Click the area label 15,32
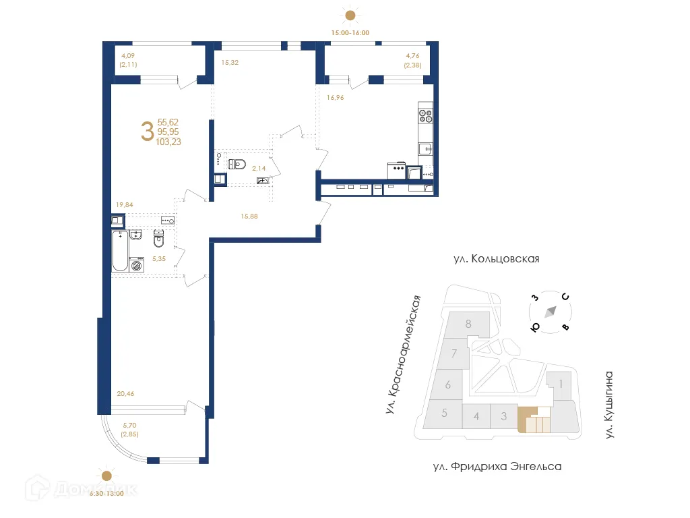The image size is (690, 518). (x=230, y=62)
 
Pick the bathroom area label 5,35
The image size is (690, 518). (x=158, y=259)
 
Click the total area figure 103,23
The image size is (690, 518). (x=168, y=142)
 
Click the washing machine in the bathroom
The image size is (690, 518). (x=138, y=265)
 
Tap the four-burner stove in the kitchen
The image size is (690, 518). (x=425, y=115)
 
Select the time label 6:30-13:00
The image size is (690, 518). (x=106, y=493)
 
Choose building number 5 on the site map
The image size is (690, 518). (x=444, y=413)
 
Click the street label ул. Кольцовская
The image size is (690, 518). (x=496, y=259)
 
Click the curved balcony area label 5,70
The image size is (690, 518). (x=129, y=426)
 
